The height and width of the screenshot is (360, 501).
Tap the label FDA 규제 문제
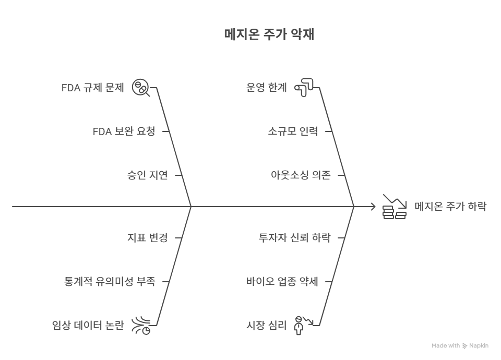point(93,88)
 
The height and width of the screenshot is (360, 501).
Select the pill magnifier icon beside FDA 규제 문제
point(140,88)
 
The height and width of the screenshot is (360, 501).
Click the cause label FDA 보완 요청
point(124,131)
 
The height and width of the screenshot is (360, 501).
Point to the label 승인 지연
point(148,175)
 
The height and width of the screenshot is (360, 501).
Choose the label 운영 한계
point(267,88)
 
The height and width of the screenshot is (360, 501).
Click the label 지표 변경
point(148,238)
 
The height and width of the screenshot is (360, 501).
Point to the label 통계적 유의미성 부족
point(110,282)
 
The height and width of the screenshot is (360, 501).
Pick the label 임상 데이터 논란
point(88,326)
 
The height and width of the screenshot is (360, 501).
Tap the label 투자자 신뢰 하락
point(295,238)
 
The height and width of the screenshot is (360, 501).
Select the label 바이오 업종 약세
point(282,282)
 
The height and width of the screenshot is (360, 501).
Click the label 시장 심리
point(267,326)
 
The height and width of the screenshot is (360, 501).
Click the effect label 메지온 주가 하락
point(450,207)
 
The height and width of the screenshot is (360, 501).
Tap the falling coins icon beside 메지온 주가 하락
point(395,207)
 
